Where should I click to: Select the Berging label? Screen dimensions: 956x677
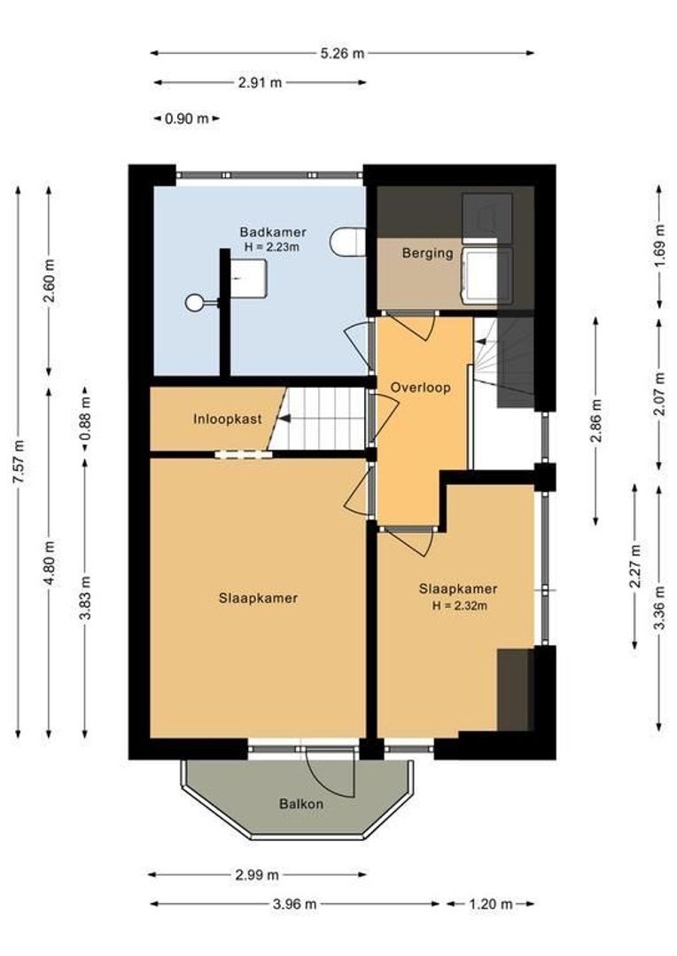[x=427, y=253]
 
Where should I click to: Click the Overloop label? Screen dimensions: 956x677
[x=421, y=388]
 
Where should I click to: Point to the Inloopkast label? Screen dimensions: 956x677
[x=228, y=419]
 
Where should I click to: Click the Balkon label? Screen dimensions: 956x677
[x=300, y=805]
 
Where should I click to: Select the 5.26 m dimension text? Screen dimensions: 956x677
[x=342, y=53]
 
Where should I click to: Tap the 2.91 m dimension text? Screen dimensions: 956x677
[x=260, y=83]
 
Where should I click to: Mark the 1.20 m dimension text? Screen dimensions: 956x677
[x=491, y=905]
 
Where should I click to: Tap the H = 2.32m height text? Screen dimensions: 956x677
[x=458, y=606]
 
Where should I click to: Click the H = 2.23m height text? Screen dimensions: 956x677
[x=269, y=247]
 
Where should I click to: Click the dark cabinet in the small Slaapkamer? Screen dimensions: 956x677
[x=513, y=690]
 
